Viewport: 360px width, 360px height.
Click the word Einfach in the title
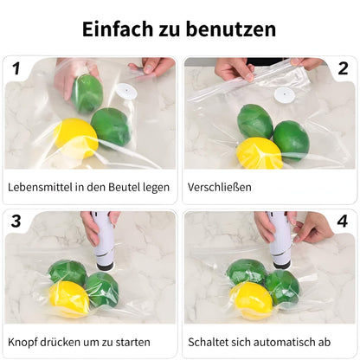tap(118, 29)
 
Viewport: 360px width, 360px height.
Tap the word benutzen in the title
tap(231, 29)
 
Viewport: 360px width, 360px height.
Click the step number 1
tap(16, 68)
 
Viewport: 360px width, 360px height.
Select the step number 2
tap(344, 68)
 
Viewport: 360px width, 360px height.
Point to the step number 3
tap(16, 222)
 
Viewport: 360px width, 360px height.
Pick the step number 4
tap(343, 222)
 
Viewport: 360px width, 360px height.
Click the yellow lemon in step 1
tap(75, 138)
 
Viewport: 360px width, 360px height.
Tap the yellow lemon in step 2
tap(259, 153)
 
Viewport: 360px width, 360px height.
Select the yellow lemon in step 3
tap(68, 299)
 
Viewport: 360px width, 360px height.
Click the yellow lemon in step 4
tap(252, 300)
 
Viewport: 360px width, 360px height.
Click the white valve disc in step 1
tap(126, 92)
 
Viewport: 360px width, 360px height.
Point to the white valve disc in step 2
tap(285, 95)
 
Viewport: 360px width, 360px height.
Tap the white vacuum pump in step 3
tap(103, 241)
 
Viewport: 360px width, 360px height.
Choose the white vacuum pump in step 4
tap(279, 240)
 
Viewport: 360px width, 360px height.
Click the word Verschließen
tap(220, 187)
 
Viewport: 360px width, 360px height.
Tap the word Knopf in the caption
tap(22, 343)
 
